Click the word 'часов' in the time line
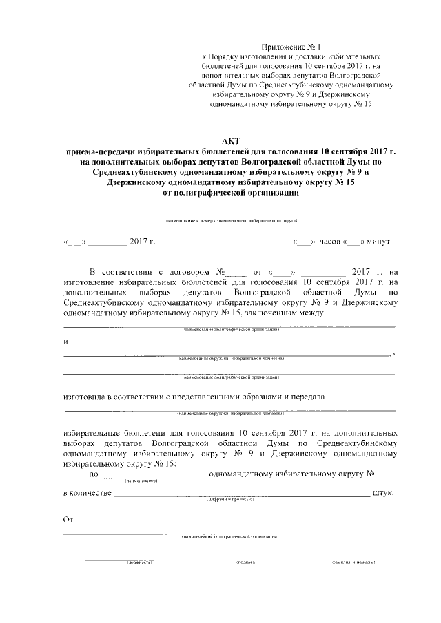click(x=329, y=242)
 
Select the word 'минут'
click(x=378, y=242)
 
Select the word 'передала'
click(x=300, y=397)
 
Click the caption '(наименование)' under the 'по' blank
click(x=142, y=481)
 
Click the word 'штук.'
click(x=382, y=493)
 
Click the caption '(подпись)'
click(x=246, y=562)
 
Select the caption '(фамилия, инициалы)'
click(x=352, y=562)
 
